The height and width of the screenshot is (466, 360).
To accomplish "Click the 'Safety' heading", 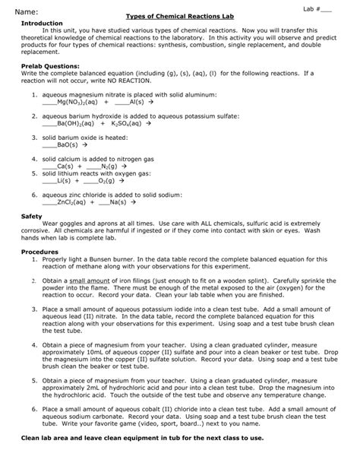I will tap(31, 217).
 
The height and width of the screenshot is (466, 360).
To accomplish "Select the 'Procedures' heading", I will tap(39, 251).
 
